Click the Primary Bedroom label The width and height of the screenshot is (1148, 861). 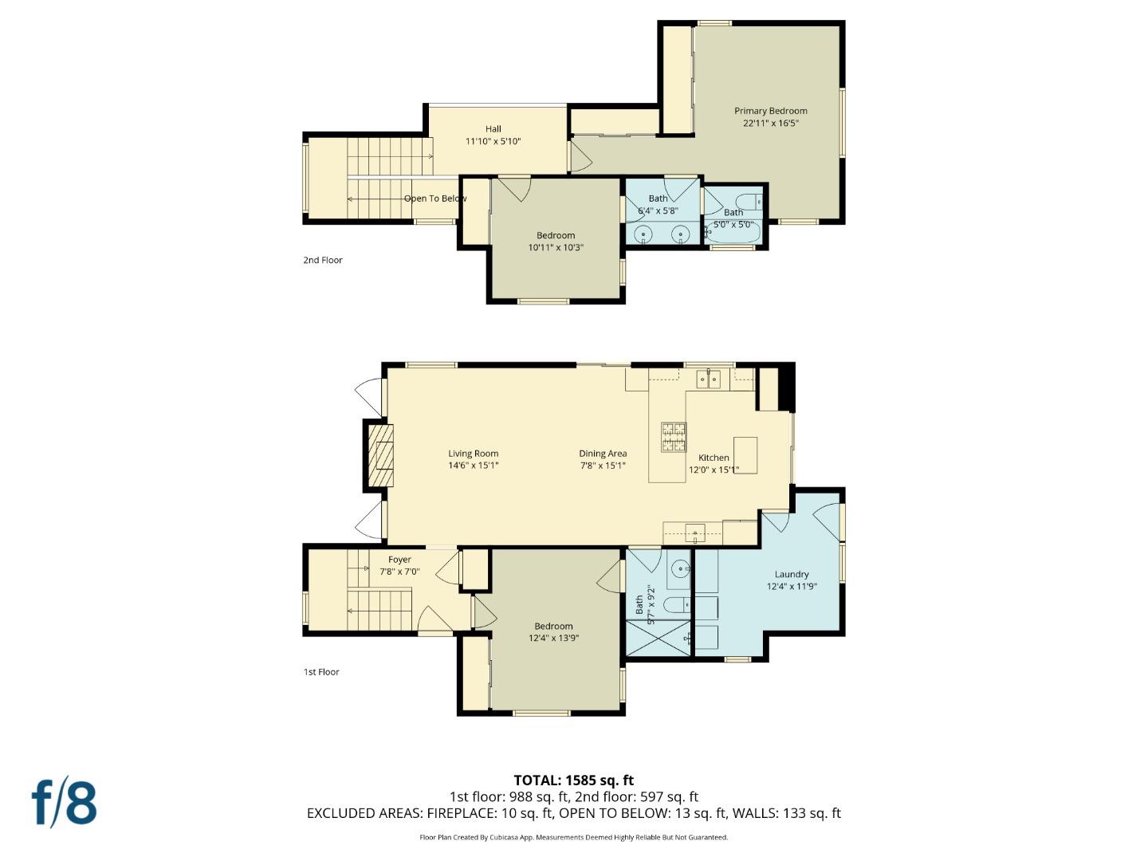(x=770, y=112)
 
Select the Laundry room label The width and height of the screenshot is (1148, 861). (x=791, y=574)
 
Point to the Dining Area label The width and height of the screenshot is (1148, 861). (x=603, y=454)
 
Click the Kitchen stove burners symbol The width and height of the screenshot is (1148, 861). (x=674, y=437)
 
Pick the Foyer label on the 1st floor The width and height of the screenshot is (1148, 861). (x=399, y=560)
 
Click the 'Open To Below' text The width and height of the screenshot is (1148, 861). (x=434, y=199)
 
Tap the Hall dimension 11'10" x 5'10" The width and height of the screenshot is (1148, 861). (x=493, y=141)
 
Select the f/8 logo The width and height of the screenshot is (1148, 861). (x=64, y=803)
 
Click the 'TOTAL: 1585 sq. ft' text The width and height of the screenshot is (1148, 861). (x=573, y=780)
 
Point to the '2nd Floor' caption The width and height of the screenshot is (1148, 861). (x=322, y=260)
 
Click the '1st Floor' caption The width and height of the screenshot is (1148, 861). (x=321, y=672)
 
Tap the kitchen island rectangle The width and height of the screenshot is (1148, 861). (x=745, y=454)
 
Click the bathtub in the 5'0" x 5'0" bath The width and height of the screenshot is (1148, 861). (x=733, y=232)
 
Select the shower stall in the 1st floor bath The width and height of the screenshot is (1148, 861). (x=658, y=638)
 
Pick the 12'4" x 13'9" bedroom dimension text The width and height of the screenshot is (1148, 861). (x=553, y=638)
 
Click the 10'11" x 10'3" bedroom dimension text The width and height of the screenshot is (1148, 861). (x=556, y=247)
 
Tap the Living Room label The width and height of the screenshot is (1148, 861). (x=473, y=454)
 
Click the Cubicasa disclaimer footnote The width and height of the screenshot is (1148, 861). (x=573, y=837)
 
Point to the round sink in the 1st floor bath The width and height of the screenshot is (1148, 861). (x=680, y=568)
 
